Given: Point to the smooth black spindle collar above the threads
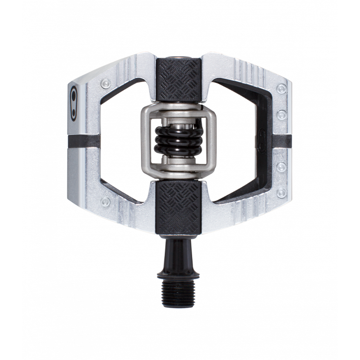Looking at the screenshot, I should (x=180, y=253).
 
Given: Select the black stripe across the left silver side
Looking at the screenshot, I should (x=93, y=140).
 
